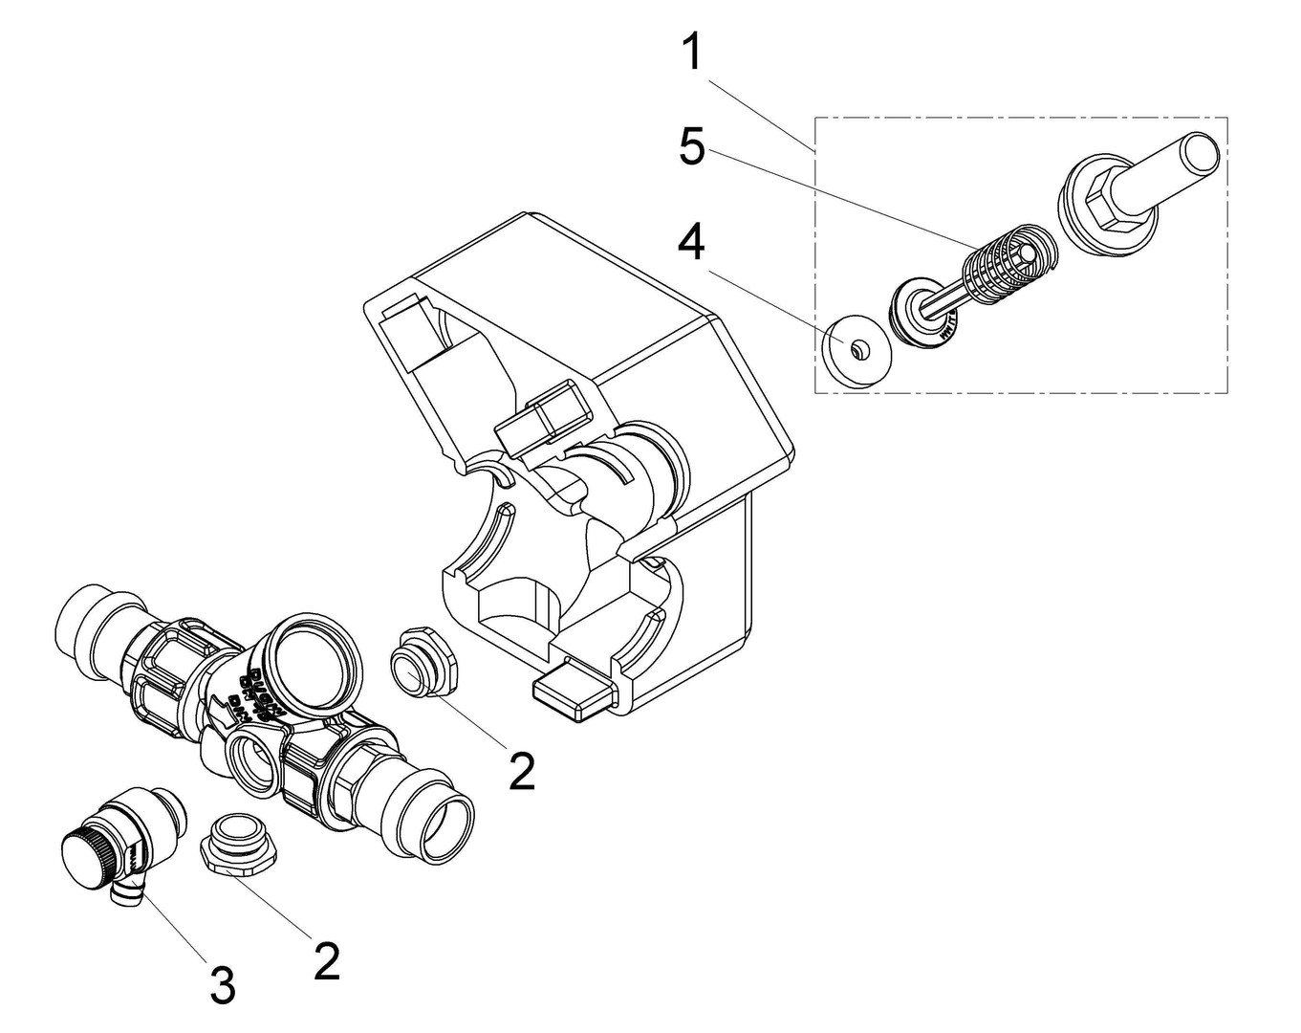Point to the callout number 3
222,985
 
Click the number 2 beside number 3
326,960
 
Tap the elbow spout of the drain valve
124,894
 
